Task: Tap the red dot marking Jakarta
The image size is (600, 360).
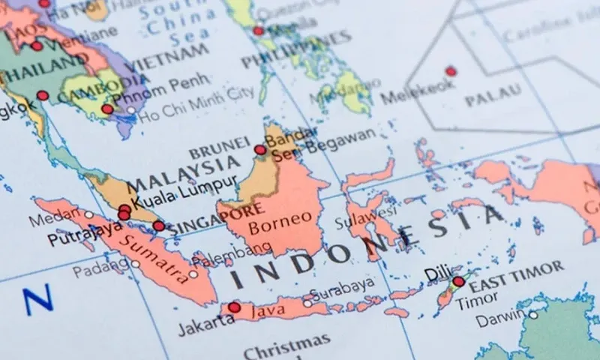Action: point(234,307)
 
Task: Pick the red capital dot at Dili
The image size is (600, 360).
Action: point(458,281)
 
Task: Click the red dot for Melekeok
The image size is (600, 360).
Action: point(451,71)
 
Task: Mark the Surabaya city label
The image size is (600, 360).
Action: point(343,285)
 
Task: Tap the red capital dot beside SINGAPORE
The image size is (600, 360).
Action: point(159,226)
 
